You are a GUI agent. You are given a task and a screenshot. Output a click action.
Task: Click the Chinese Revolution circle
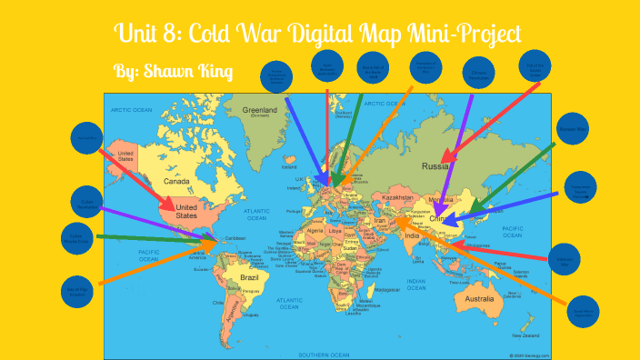(478, 72)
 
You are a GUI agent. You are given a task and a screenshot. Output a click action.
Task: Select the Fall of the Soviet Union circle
(535, 65)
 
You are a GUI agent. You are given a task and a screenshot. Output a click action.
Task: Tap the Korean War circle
(574, 129)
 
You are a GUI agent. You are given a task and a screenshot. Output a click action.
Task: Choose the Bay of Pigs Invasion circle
(76, 290)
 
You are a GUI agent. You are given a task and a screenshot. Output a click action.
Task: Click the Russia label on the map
(437, 167)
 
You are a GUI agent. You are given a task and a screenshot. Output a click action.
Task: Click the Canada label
(175, 181)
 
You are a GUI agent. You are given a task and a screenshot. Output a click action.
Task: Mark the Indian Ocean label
(417, 285)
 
